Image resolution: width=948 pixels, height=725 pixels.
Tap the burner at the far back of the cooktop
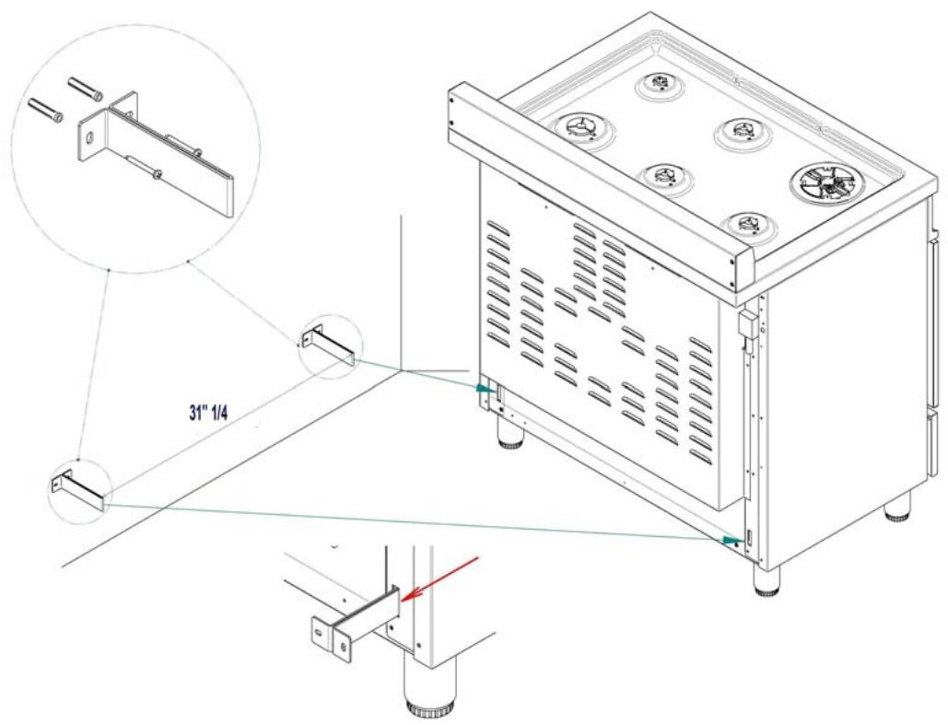[x=661, y=83]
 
